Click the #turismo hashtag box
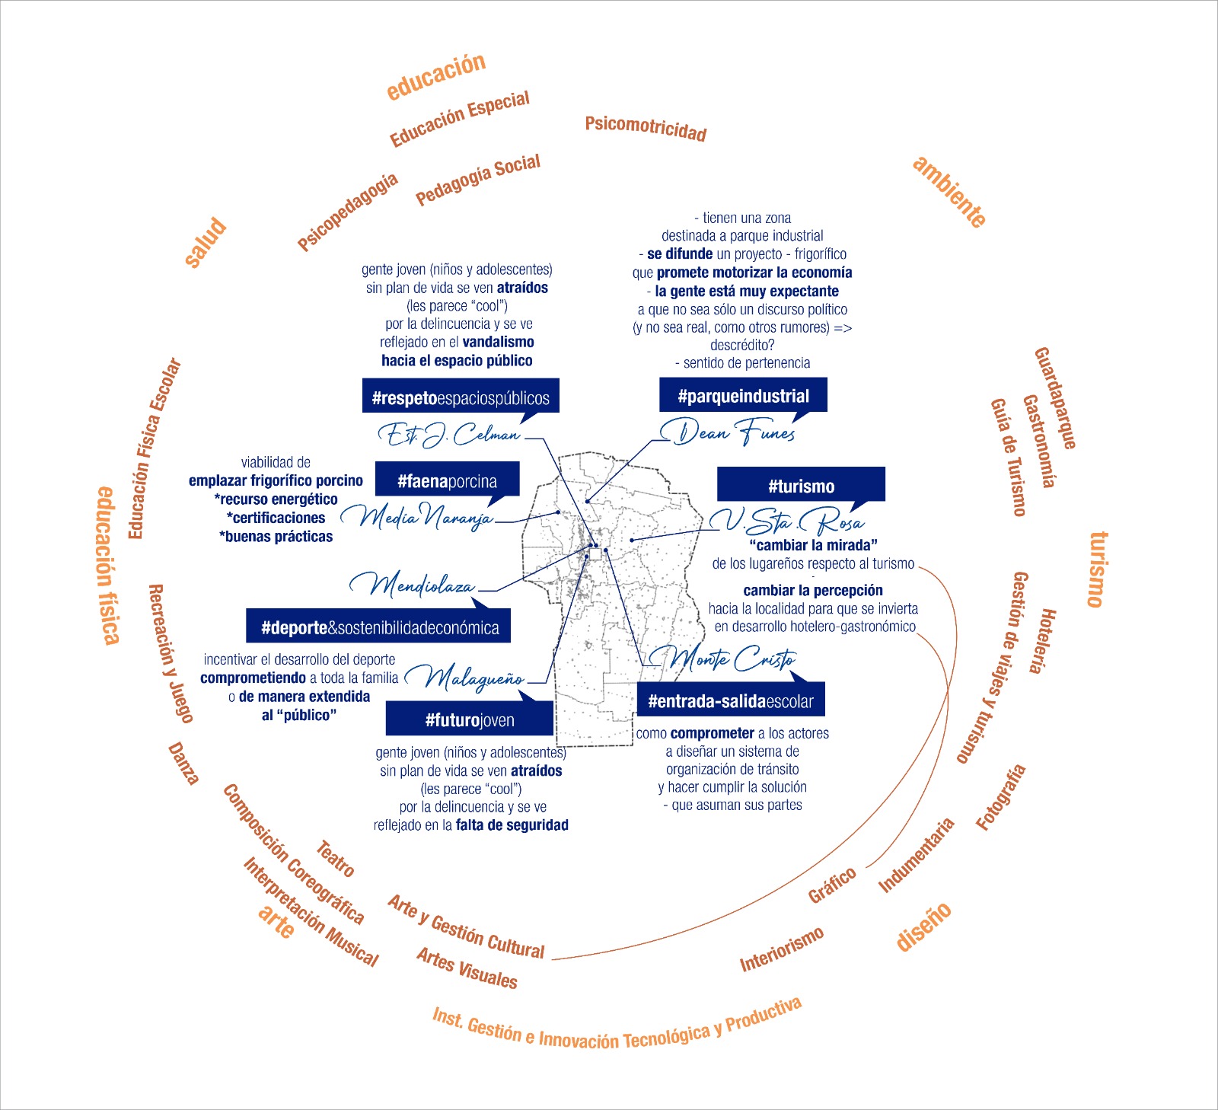tap(801, 484)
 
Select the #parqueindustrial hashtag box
tap(743, 395)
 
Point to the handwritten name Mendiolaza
tap(413, 584)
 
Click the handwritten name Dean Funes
tap(728, 432)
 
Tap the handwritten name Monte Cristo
tap(723, 657)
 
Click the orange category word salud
tap(206, 242)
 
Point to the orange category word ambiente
tap(949, 192)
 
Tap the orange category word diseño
tap(923, 926)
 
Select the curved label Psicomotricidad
tap(646, 129)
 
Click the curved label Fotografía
tap(1001, 797)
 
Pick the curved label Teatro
tap(335, 858)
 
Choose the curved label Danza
tap(183, 764)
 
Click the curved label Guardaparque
tap(1055, 398)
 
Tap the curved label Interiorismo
tap(782, 949)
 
